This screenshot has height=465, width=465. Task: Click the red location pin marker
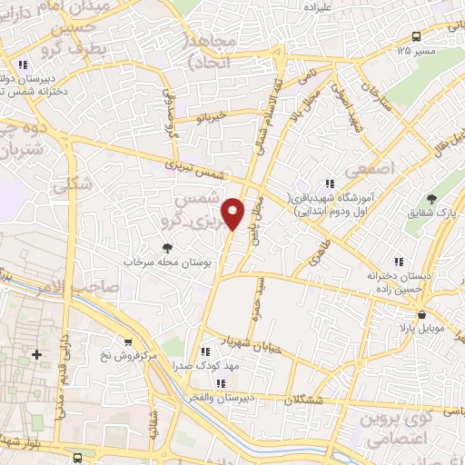point(234,213)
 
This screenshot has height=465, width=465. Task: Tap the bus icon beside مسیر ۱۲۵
point(415,36)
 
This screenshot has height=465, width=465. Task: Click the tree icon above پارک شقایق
point(431,200)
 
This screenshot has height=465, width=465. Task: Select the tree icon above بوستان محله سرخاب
point(166,247)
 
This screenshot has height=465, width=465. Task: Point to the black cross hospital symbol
point(36,353)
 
